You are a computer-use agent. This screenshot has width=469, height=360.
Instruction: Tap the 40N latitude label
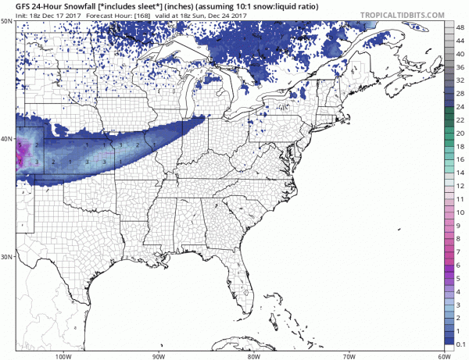[x=6, y=139]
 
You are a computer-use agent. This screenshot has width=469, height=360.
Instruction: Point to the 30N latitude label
[x=6, y=256]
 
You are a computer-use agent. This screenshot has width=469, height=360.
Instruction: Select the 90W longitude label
[x=159, y=355]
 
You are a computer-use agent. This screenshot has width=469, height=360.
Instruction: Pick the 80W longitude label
[x=254, y=355]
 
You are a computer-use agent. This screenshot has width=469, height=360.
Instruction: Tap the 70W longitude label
[x=349, y=355]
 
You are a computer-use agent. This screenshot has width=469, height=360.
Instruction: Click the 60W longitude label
[x=443, y=355]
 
